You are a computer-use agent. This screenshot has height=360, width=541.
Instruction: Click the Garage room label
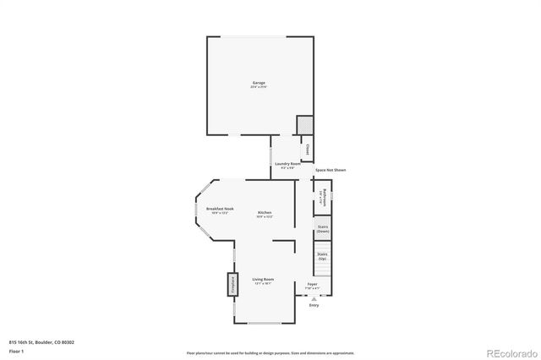coord(259,82)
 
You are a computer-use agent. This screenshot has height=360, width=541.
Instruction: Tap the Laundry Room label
coord(289,163)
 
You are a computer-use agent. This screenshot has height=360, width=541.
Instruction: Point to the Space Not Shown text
coord(331,170)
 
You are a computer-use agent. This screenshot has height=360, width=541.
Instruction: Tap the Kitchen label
coord(265,211)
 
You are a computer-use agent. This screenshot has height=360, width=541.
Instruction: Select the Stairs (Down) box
coord(323,228)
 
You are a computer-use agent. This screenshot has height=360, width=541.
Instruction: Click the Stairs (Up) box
coord(322,254)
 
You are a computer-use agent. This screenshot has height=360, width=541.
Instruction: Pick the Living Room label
coord(263,279)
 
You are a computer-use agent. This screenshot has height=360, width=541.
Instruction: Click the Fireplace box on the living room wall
coord(228,285)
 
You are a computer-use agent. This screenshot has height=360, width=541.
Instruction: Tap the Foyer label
coord(312,285)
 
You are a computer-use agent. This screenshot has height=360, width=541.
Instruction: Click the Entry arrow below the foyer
coord(314,297)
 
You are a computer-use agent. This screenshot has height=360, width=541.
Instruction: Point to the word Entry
coord(314,305)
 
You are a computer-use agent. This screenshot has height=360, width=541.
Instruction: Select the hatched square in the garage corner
coord(304,125)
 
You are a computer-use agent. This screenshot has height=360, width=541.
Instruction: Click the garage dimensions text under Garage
coord(259,87)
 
